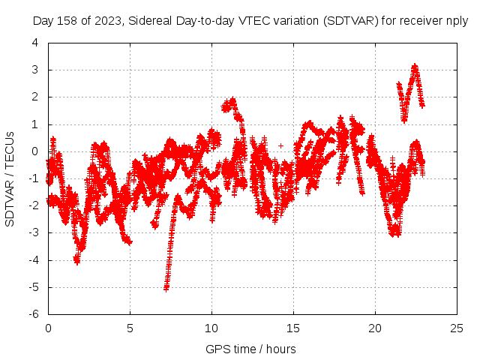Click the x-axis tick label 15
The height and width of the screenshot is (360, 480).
(293, 328)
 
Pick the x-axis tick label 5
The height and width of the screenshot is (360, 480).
(130, 328)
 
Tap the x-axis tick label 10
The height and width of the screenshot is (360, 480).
(211, 328)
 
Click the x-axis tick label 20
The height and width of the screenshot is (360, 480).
(375, 328)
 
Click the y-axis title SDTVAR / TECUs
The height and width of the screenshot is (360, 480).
(10, 178)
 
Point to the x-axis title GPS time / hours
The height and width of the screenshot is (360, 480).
(251, 349)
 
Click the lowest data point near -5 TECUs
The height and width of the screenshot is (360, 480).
(166, 288)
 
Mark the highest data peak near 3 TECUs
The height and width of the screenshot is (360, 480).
(414, 66)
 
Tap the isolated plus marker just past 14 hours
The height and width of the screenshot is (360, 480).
(280, 145)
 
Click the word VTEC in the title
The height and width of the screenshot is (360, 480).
(250, 22)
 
